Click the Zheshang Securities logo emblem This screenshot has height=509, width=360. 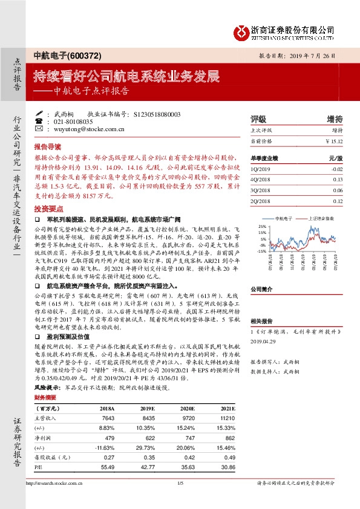tap(243, 30)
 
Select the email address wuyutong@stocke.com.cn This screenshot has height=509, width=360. tap(88, 129)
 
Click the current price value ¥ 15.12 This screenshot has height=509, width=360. tap(334, 141)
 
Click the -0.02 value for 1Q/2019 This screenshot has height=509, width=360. tap(337, 170)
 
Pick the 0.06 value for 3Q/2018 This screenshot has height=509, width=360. tap(338, 190)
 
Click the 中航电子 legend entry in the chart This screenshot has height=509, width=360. tap(284, 217)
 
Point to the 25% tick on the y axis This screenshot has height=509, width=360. tap(261, 226)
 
